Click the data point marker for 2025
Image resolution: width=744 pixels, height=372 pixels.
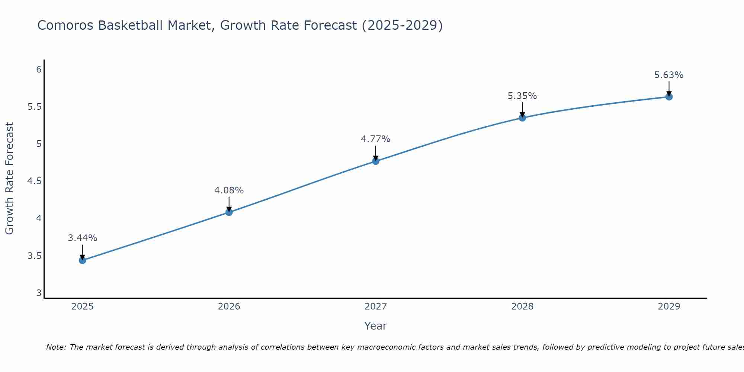coord(83,260)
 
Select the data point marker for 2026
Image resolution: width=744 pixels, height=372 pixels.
coord(229,212)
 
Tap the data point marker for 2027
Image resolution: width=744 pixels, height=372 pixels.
coord(376,161)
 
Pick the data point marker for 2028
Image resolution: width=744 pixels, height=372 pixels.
coord(522,118)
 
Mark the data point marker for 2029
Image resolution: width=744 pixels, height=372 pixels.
coord(669,97)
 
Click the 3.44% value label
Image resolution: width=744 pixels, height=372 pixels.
coord(83,238)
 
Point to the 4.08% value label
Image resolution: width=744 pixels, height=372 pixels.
coord(229,190)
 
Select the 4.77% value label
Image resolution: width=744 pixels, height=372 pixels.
coord(376,139)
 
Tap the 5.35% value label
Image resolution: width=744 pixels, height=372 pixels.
coord(522,96)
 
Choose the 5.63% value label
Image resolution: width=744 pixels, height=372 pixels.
coord(669,75)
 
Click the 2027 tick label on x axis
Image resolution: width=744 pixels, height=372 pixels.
coord(376,307)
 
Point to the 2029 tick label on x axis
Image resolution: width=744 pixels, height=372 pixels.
coord(669,307)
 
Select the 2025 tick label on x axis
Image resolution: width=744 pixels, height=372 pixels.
coord(83,307)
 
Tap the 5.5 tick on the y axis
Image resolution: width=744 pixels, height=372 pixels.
coord(34,107)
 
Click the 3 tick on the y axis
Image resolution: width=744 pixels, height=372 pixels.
coord(39,293)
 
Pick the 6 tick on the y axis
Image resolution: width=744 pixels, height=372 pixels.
coord(39,70)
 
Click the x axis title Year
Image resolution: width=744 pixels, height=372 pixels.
coord(376,326)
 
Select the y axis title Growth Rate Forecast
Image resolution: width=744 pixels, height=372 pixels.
coord(10,179)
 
